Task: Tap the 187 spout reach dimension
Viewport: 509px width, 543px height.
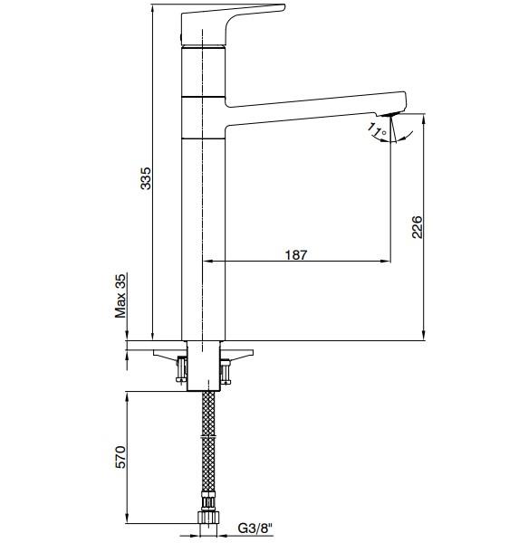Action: click(x=296, y=254)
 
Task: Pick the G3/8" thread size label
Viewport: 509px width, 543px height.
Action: click(x=256, y=528)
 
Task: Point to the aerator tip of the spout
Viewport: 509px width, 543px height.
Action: click(x=391, y=115)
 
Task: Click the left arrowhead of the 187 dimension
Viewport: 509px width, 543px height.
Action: click(x=204, y=262)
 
